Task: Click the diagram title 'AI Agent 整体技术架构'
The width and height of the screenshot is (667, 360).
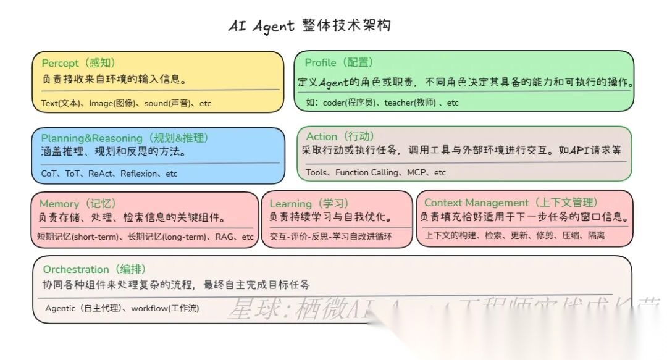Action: coord(309,26)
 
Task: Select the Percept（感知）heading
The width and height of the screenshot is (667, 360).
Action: coord(78,63)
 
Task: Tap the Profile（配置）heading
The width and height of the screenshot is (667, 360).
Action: coord(339,62)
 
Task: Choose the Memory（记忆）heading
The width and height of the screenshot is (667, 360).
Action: coord(78,204)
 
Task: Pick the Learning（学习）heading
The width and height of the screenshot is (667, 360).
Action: coord(309,204)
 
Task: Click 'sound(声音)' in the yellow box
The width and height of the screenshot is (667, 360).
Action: coord(167,104)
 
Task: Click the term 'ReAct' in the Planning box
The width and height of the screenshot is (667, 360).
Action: coord(101,174)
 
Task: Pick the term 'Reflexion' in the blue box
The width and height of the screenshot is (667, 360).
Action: coord(139,174)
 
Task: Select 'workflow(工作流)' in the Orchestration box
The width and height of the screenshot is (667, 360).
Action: coord(166,308)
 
